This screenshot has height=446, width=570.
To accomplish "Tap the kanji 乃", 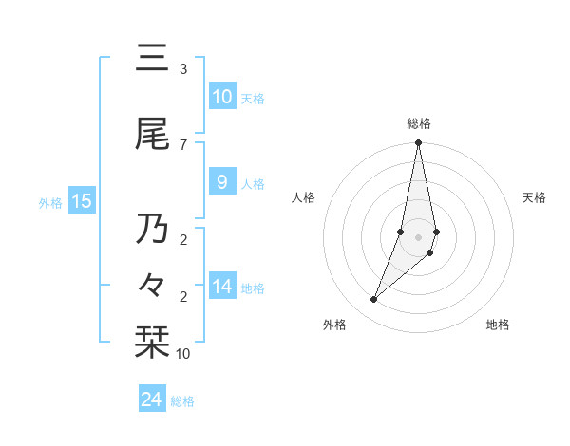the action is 152,229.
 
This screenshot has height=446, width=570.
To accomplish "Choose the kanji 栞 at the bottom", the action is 152,343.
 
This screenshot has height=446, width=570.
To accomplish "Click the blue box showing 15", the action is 82,200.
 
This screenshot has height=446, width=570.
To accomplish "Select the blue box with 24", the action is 152,400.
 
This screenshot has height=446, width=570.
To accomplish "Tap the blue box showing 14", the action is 221,287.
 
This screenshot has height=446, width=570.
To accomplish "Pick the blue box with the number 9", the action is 221,182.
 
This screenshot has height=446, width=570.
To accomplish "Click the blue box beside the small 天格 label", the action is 221,97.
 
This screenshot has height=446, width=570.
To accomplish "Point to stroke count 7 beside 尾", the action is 182,144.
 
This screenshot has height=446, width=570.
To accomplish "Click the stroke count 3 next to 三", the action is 182,69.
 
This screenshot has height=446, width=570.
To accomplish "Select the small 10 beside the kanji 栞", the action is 182,354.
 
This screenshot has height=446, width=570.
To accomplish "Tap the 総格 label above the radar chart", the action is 419,123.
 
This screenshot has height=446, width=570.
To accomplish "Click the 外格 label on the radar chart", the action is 334,325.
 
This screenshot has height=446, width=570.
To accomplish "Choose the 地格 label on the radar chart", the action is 498,325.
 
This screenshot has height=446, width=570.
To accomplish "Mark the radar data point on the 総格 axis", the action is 418,143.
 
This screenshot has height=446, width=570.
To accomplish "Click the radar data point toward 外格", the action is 374,299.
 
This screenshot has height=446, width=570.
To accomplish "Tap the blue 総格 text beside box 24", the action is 182,401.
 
